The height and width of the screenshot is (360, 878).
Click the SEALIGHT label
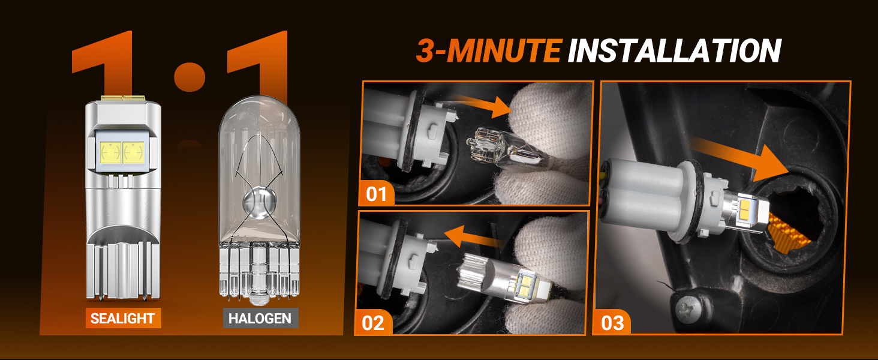pyautogui.click(x=123, y=318)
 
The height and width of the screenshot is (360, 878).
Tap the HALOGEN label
pyautogui.click(x=260, y=318)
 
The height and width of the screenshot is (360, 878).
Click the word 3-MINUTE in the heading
pyautogui.click(x=488, y=51)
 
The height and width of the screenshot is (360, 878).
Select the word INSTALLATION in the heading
pyautogui.click(x=674, y=51)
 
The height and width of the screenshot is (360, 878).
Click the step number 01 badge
pyautogui.click(x=376, y=194)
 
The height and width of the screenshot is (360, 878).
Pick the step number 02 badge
pyautogui.click(x=373, y=323)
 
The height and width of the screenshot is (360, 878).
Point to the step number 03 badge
pyautogui.click(x=612, y=323)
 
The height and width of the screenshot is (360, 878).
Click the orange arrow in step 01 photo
pyautogui.click(x=483, y=105)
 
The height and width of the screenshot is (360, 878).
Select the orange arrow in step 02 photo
pyautogui.click(x=474, y=236)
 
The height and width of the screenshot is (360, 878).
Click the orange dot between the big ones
pyautogui.click(x=190, y=76)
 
